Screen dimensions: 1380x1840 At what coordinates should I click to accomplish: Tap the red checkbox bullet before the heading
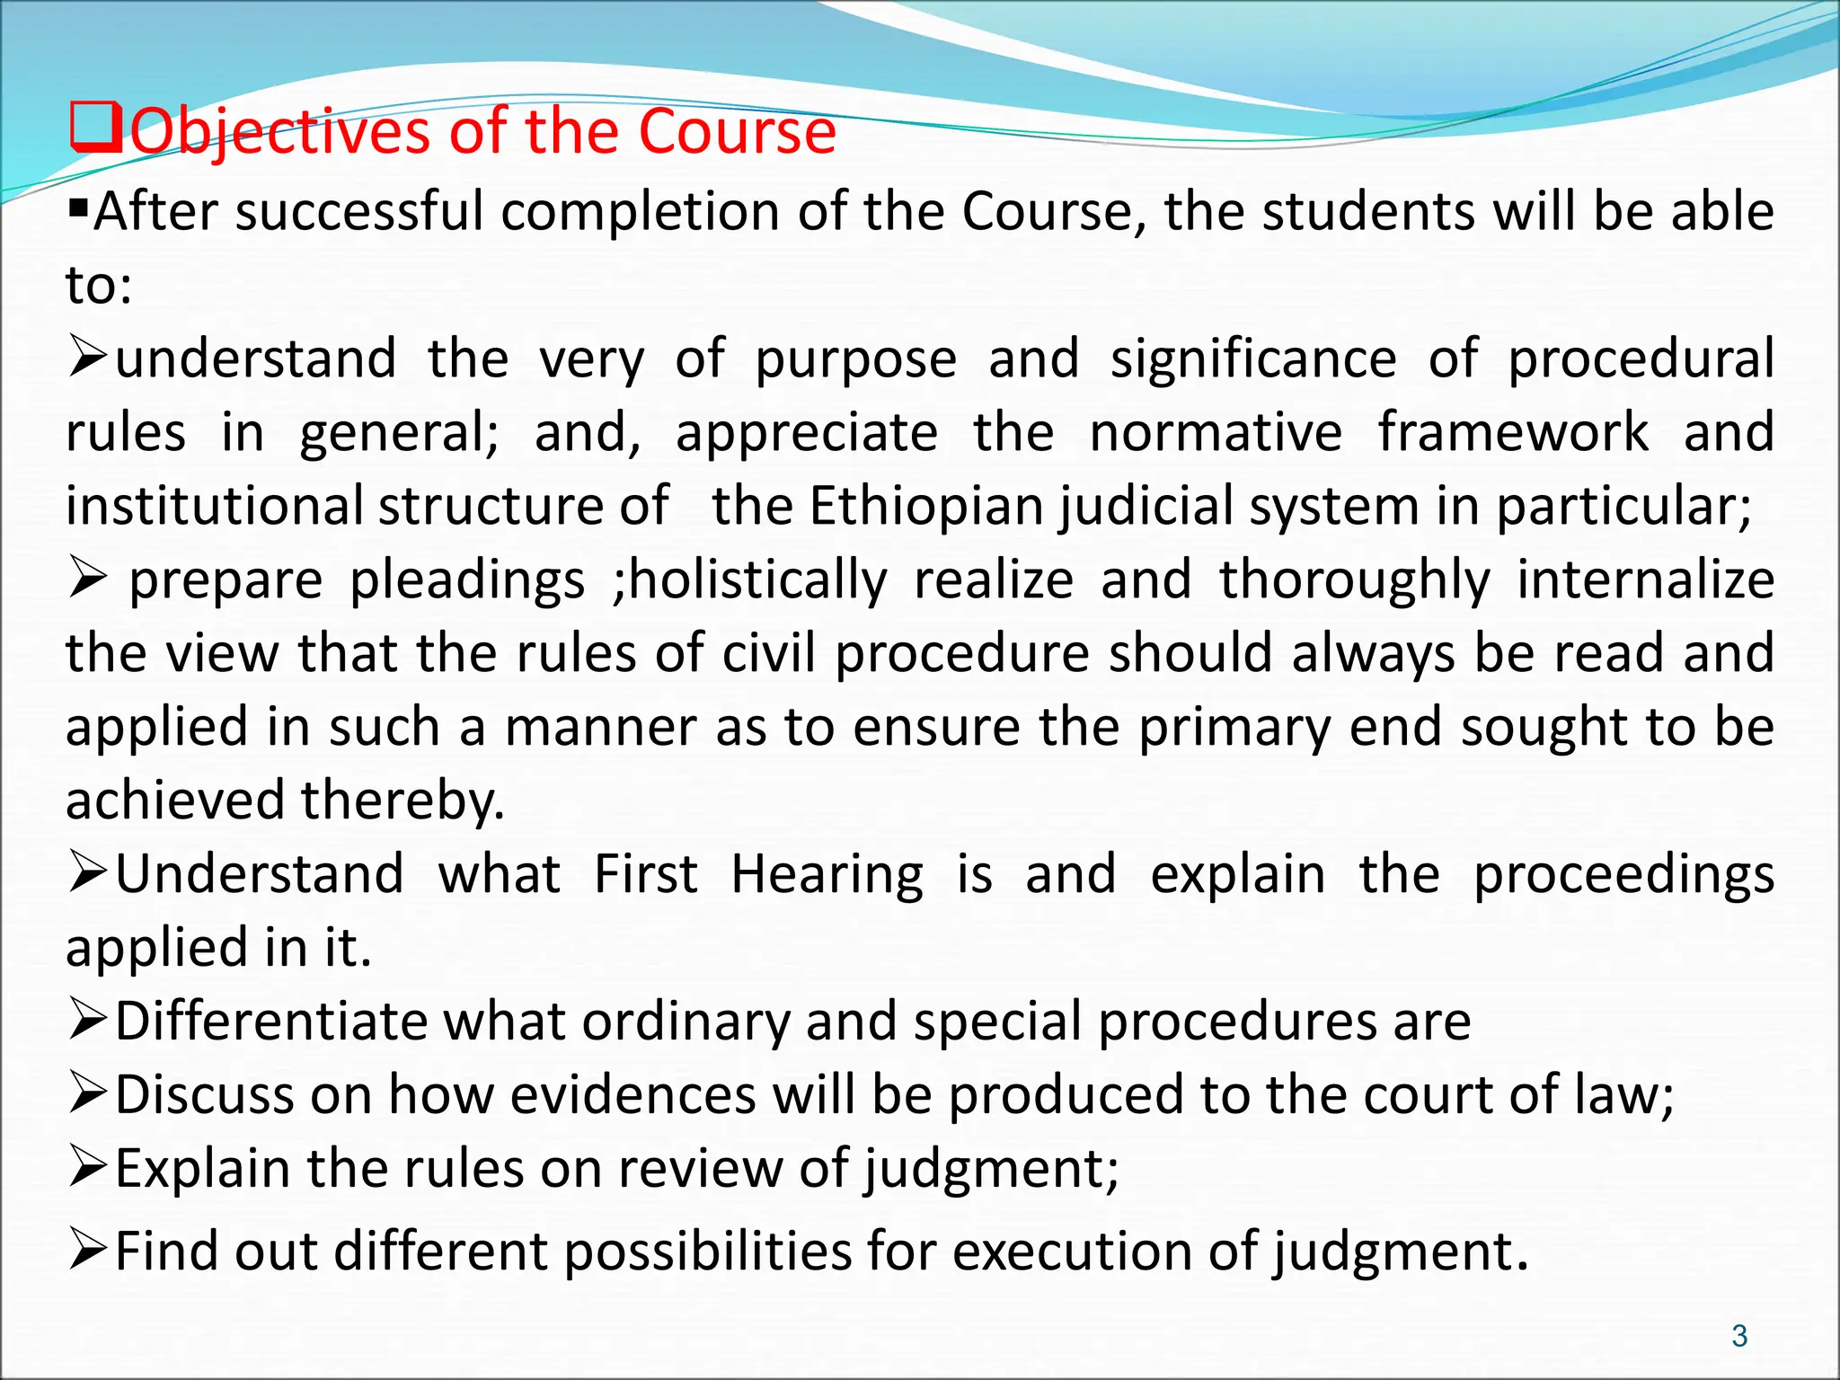pyautogui.click(x=94, y=128)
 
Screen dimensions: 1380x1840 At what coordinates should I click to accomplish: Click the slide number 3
pyautogui.click(x=1739, y=1336)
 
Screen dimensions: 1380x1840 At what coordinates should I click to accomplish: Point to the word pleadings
pyautogui.click(x=467, y=580)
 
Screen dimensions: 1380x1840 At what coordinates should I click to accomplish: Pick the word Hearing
pyautogui.click(x=827, y=874)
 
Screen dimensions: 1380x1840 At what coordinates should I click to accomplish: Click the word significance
pyautogui.click(x=1253, y=359)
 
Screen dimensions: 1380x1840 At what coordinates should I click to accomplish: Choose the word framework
pyautogui.click(x=1513, y=432)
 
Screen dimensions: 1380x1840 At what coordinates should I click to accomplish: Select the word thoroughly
pyautogui.click(x=1354, y=580)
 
